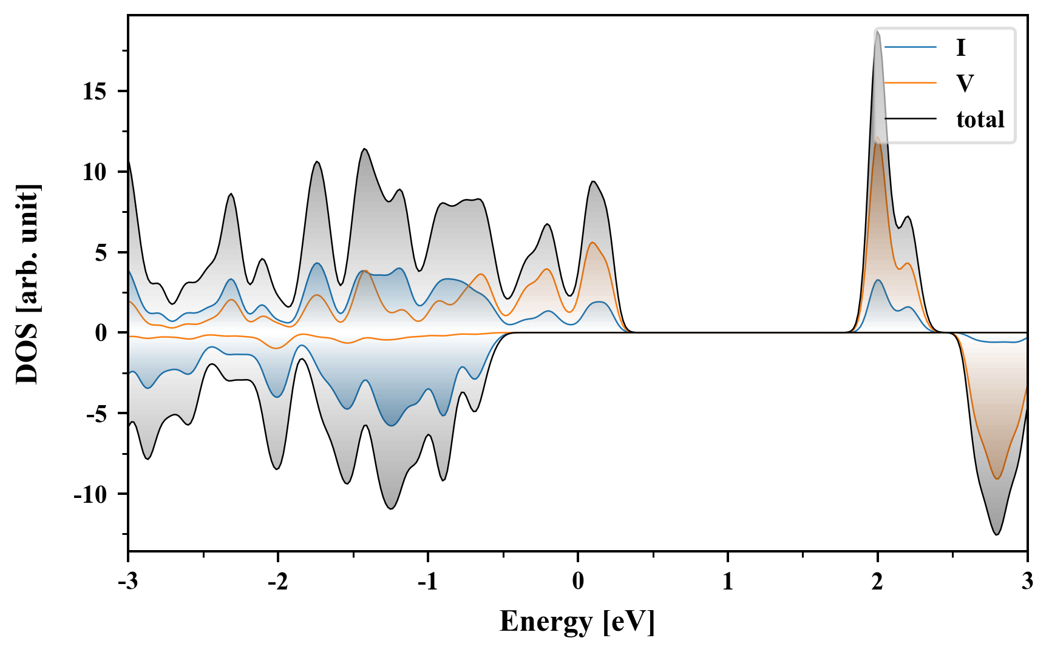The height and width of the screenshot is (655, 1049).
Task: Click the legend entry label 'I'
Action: tap(960, 47)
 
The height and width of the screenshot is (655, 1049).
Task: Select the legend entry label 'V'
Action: tap(964, 83)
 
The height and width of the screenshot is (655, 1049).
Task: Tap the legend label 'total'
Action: tap(980, 119)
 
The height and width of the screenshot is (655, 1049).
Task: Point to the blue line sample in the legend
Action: tap(910, 47)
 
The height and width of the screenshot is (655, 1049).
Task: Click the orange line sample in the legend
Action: tap(910, 82)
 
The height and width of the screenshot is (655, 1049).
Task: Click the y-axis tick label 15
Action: tap(95, 92)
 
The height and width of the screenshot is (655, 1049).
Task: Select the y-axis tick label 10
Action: tap(95, 172)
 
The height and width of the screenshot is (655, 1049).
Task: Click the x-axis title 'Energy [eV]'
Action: tap(577, 622)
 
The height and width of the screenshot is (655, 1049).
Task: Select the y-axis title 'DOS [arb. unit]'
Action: tap(28, 283)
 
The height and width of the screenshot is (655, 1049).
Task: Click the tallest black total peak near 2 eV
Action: tap(877, 32)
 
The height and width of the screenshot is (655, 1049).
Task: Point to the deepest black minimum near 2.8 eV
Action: tap(997, 534)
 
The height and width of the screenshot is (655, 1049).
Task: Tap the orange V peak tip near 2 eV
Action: tap(877, 137)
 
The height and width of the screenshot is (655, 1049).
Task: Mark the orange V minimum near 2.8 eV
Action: tap(997, 479)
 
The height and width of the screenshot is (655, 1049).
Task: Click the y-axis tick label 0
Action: tap(101, 333)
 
